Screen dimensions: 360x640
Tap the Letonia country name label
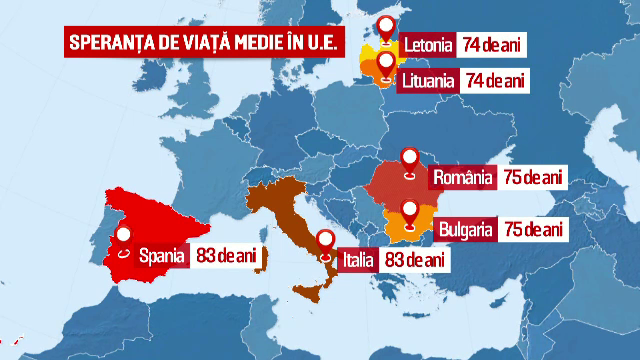point(427,44)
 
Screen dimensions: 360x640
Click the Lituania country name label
point(430,78)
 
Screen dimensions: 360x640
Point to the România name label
point(464,178)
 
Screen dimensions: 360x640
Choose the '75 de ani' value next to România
point(535,178)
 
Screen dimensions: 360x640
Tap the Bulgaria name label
point(464,230)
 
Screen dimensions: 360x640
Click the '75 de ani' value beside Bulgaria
point(535,230)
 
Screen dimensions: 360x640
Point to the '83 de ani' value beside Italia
point(413,259)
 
